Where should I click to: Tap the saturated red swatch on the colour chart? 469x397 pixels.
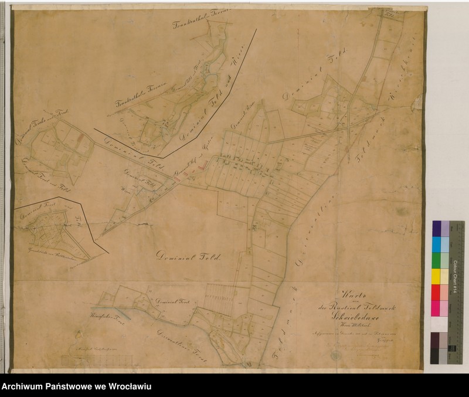coord(436,292)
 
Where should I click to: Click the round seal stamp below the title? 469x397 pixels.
coord(335,355)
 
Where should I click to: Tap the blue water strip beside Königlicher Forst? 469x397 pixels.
coord(120,314)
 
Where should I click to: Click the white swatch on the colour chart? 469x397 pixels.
coord(436,324)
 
